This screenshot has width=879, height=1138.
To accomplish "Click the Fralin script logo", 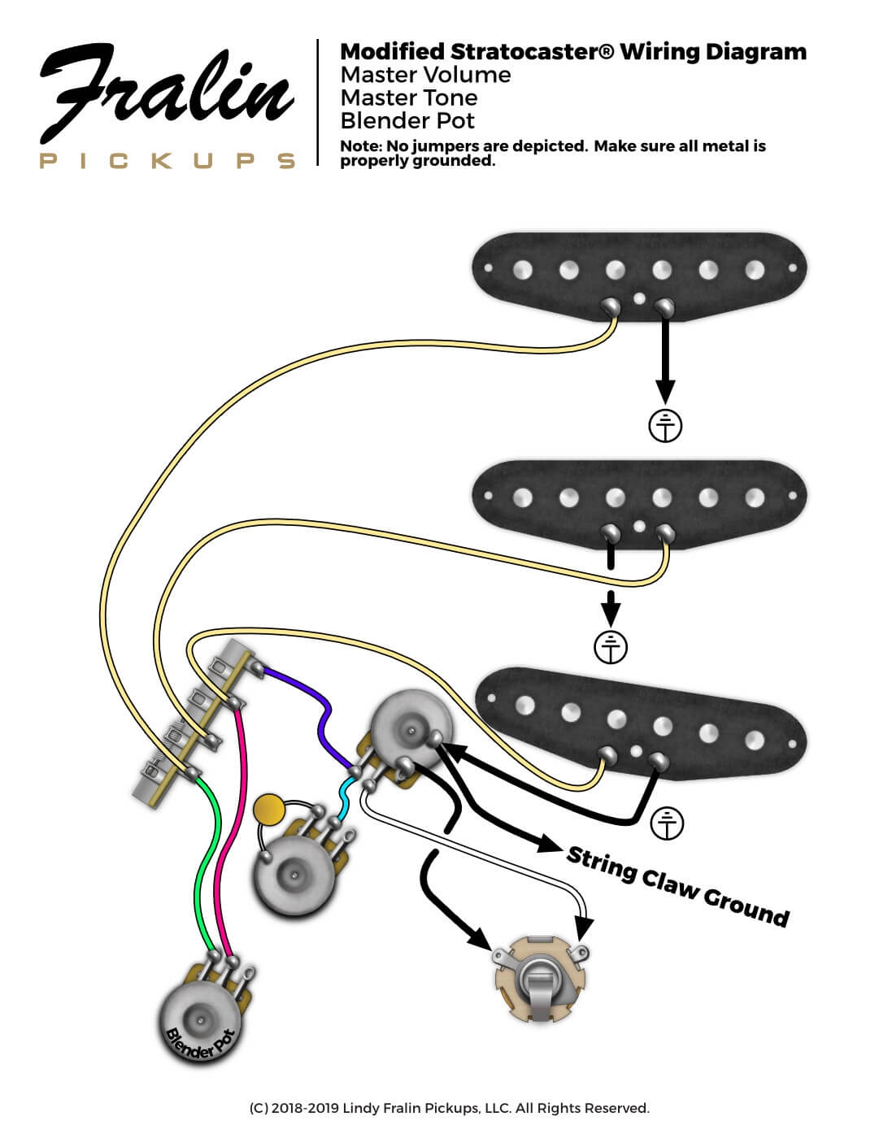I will coord(167,93).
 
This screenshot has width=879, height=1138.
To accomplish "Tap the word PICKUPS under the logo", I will coord(167,160).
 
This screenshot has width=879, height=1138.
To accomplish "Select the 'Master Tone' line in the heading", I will coord(408,98).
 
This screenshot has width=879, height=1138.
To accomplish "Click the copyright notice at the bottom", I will coord(449,1108).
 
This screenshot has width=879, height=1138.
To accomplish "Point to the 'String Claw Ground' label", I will coord(677,886).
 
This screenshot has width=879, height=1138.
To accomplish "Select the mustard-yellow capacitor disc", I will coord(268,810).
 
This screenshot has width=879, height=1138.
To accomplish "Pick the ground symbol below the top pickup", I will coord(665,426).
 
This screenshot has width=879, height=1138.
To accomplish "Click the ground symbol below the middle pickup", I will coord(611,647).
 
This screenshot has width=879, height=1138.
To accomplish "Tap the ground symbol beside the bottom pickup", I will coord(668,823).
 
